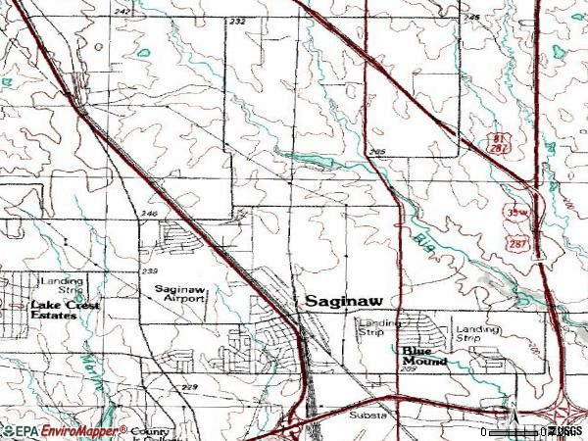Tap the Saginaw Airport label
tap(180, 294)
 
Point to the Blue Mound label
tap(423, 355)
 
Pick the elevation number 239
tap(150, 270)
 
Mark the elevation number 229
tap(189, 389)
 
